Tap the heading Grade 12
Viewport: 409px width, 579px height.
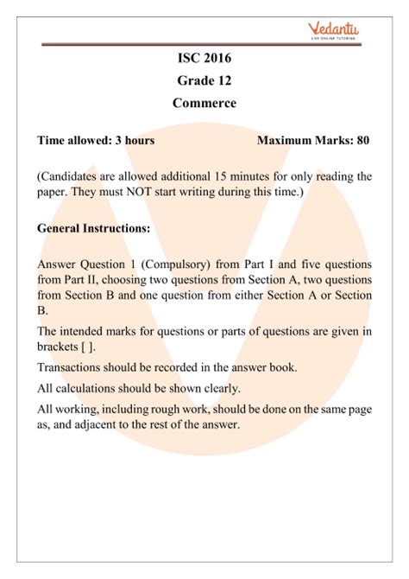click(x=204, y=82)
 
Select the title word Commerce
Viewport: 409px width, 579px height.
click(x=204, y=106)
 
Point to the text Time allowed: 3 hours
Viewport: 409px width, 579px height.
click(x=97, y=139)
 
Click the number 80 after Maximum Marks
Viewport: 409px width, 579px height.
click(x=363, y=139)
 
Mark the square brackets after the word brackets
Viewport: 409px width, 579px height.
click(x=89, y=347)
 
